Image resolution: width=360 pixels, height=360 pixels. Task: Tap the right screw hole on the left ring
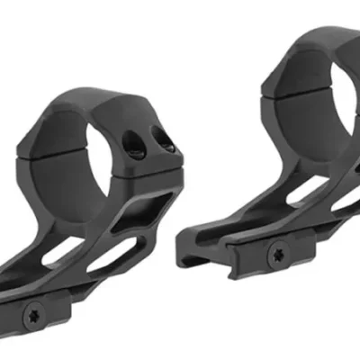click(164, 140)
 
